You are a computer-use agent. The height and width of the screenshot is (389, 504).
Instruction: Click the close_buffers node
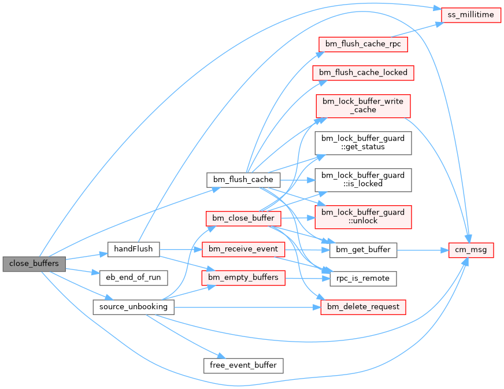(34, 264)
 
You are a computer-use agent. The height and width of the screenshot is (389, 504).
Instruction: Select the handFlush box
(133, 249)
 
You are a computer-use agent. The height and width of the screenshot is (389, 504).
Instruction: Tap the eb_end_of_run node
(133, 278)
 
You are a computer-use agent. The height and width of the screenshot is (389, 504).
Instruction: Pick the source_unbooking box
(133, 307)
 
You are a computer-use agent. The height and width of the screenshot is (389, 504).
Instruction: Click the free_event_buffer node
(243, 365)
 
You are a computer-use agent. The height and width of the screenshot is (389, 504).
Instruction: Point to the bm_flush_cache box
(243, 179)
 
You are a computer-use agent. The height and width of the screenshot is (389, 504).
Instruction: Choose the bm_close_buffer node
(243, 218)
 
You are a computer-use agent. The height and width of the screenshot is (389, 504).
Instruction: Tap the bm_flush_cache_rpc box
(364, 44)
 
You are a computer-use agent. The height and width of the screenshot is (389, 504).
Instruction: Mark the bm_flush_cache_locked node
(364, 73)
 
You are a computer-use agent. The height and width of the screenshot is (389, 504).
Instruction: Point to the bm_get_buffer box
(364, 250)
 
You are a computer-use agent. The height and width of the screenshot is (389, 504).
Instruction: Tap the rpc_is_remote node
(364, 278)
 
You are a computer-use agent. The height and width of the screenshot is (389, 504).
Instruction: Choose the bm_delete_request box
(364, 307)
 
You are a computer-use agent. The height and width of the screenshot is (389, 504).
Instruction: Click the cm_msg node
(472, 250)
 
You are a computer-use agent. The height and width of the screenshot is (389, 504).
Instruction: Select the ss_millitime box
(471, 14)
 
